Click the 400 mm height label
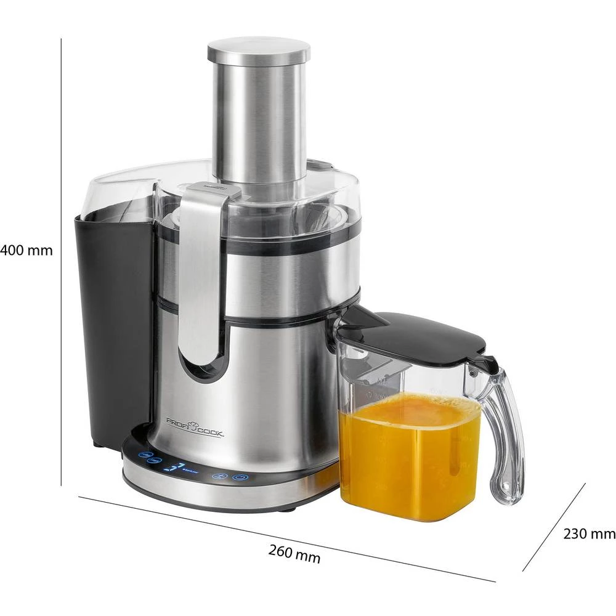26,251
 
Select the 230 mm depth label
589,533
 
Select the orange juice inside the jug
410,456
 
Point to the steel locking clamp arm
200,271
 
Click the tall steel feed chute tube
258,117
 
